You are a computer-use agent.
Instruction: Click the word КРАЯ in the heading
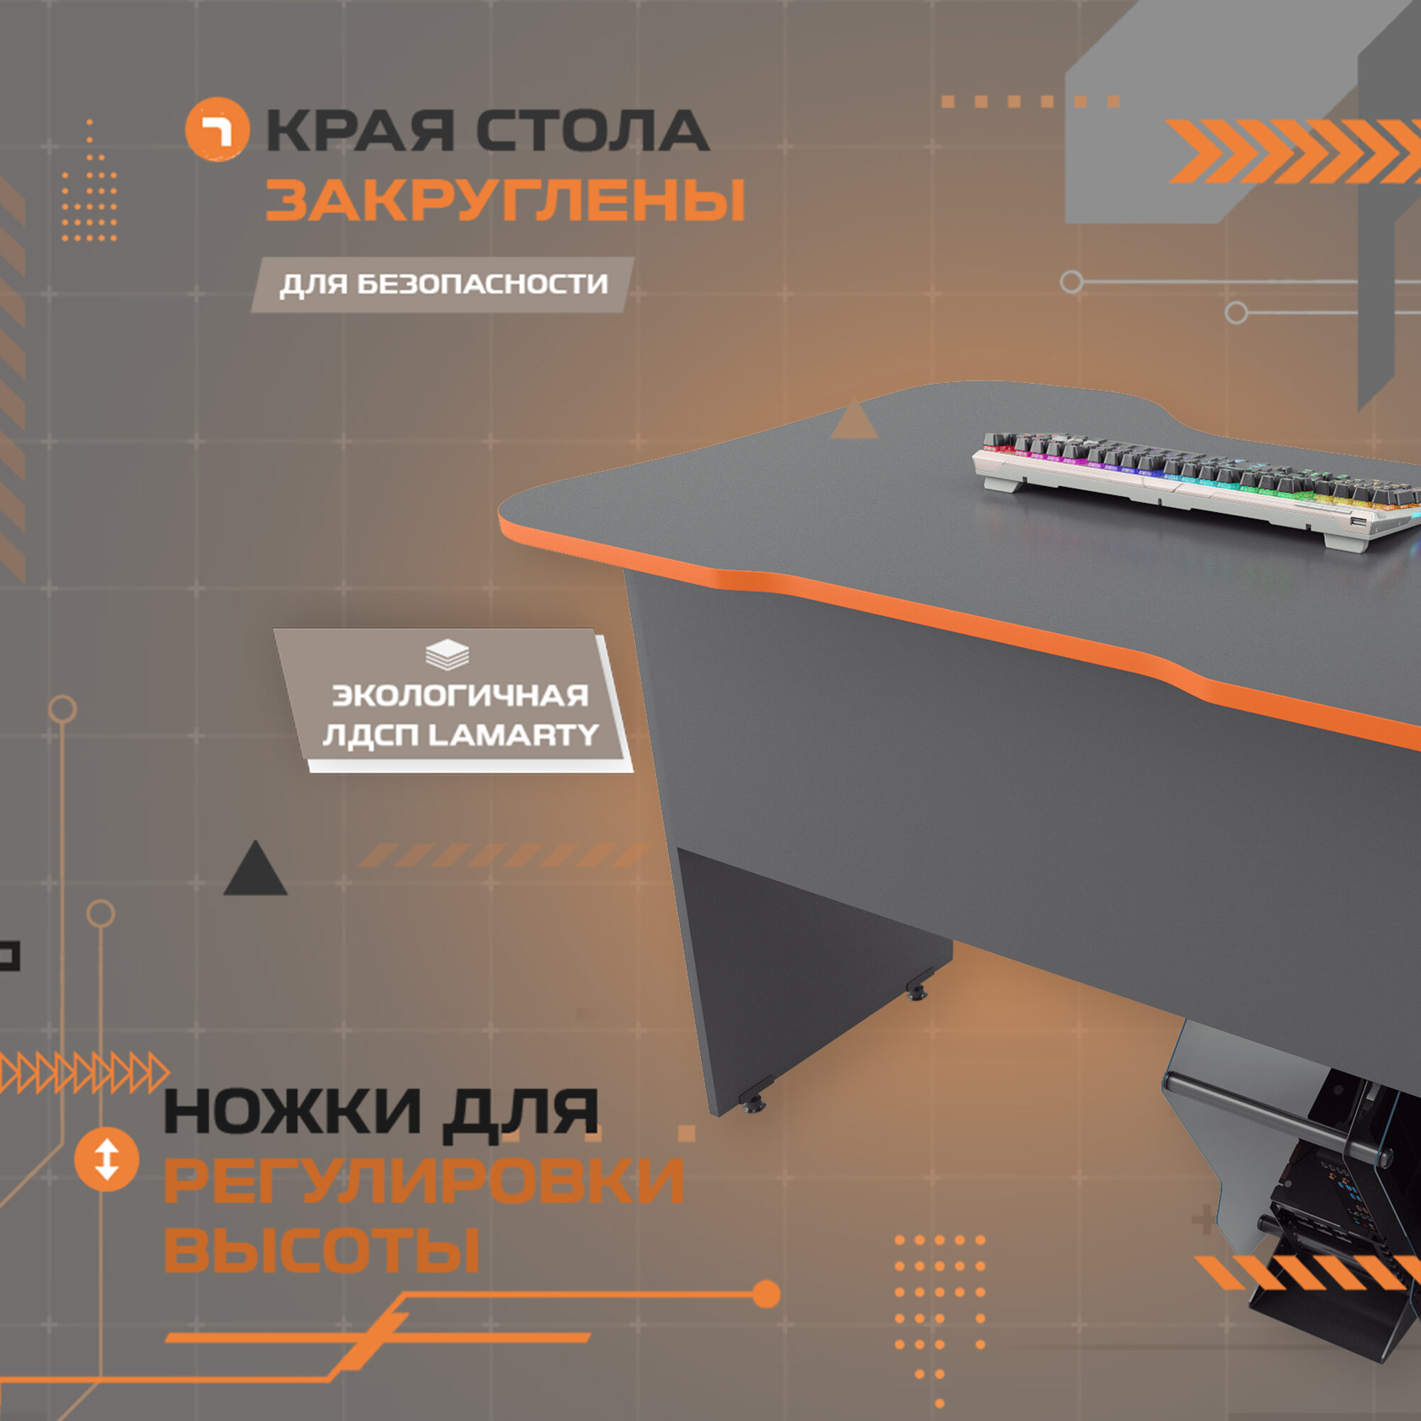360,131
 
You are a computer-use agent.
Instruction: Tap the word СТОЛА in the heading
592,131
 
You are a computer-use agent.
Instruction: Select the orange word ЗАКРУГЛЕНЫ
504,200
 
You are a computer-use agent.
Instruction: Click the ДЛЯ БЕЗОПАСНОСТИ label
443,285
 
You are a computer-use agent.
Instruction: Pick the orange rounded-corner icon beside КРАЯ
217,129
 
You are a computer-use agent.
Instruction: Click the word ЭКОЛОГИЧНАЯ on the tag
460,695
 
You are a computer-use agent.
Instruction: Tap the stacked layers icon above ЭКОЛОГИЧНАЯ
447,654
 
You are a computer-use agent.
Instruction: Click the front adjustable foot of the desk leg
754,1103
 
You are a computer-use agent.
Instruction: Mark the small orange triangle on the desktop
854,423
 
